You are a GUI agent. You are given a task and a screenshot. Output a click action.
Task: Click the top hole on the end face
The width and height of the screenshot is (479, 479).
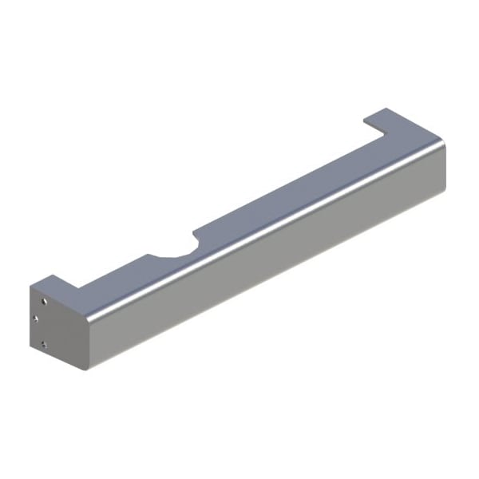coord(42,300)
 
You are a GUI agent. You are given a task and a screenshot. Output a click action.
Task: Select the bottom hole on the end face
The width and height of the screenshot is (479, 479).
coord(44,345)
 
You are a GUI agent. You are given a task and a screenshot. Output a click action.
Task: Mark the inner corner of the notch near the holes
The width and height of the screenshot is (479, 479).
coord(77,289)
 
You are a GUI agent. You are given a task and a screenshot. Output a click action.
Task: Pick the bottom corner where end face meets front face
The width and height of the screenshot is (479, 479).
coord(87,369)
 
